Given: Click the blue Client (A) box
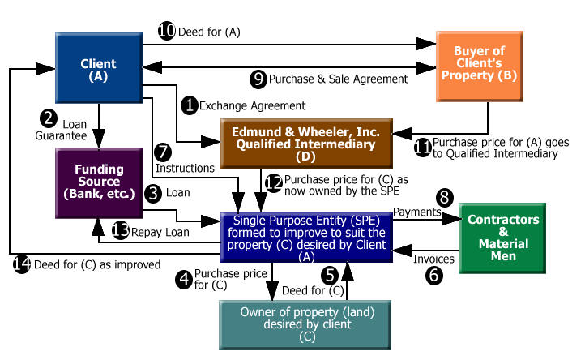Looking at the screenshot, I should pyautogui.click(x=98, y=70).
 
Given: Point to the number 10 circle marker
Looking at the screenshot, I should pyautogui.click(x=165, y=31).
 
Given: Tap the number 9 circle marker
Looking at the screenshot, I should pyautogui.click(x=258, y=79).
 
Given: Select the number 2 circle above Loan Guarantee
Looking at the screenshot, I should pyautogui.click(x=49, y=119).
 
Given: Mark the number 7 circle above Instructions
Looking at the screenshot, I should pyautogui.click(x=163, y=151).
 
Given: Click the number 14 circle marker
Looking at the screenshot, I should pyautogui.click(x=23, y=263).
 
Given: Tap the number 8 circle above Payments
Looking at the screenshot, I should pyautogui.click(x=443, y=197).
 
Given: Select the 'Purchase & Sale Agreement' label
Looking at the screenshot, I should pyautogui.click(x=337, y=79).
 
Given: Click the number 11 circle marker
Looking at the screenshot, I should pyautogui.click(x=422, y=146).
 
